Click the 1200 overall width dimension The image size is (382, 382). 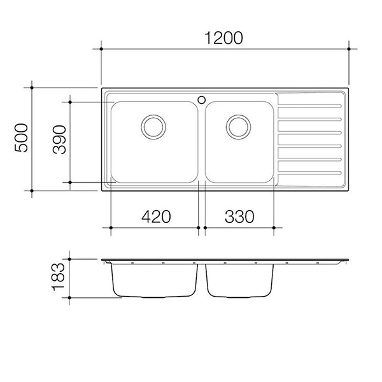pyautogui.click(x=223, y=38)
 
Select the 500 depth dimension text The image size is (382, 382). pyautogui.click(x=21, y=138)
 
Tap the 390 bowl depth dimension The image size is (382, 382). pyautogui.click(x=59, y=139)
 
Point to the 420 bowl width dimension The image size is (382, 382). pyautogui.click(x=156, y=216)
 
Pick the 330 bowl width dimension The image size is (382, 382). pyautogui.click(x=239, y=216)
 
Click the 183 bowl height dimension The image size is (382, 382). pyautogui.click(x=58, y=276)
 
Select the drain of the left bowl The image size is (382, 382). pyautogui.click(x=153, y=127)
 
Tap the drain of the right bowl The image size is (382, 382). pyautogui.click(x=238, y=127)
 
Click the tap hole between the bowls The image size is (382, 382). pyautogui.click(x=201, y=100)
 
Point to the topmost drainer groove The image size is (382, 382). pyautogui.click(x=310, y=106)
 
